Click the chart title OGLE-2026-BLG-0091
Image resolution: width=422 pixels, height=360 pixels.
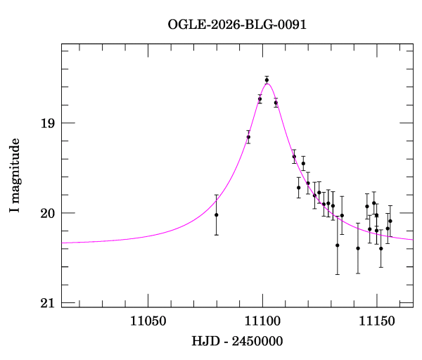pos(237,25)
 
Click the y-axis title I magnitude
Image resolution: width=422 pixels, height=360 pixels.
pos(14,175)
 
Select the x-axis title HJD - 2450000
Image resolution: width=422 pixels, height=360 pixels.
pos(237,341)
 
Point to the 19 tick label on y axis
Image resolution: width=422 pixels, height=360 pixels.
pos(47,123)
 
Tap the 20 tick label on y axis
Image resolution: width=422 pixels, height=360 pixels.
pos(47,213)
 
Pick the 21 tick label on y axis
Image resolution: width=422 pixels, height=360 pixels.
pos(47,303)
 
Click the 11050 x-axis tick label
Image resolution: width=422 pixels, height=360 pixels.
pos(148,321)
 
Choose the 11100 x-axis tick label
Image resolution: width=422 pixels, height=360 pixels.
pos(262,321)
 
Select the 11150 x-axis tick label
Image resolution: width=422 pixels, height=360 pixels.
pos(377,321)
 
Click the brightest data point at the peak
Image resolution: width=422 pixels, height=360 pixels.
pos(267,80)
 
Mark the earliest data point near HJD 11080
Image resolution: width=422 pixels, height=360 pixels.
pos(217,214)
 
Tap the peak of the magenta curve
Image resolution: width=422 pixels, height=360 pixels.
pos(267,84)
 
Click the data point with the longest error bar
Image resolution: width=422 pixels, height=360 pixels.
pos(337,245)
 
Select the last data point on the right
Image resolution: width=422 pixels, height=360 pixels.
pos(390,221)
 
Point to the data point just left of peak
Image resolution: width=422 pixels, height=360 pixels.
pos(260,98)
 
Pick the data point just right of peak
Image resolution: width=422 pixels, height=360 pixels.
pos(276,103)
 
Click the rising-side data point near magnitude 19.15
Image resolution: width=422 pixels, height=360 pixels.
pos(248,136)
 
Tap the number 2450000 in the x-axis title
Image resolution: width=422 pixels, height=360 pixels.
pos(257,341)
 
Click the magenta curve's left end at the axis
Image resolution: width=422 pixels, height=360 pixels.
pos(62,243)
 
